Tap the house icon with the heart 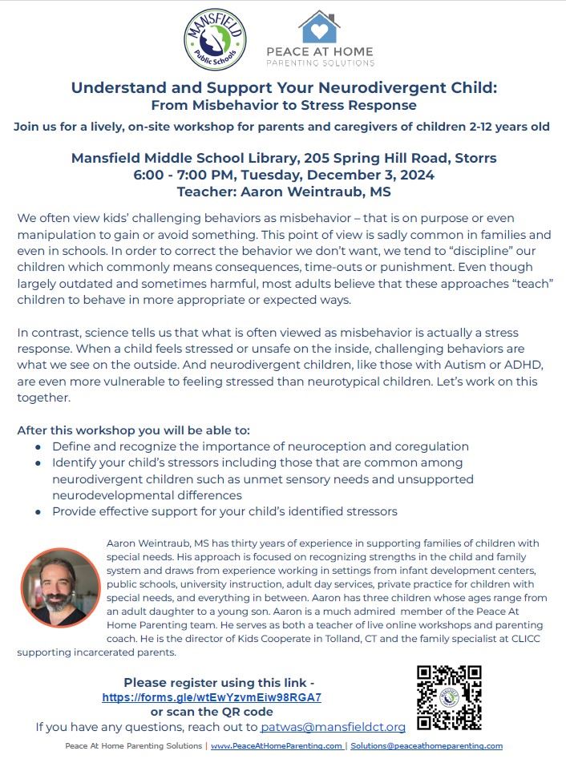[318, 27]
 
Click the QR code [449, 696]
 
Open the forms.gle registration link [212, 697]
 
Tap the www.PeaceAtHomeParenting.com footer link [277, 746]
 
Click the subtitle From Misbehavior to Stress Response [284, 105]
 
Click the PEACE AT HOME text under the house [320, 52]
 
